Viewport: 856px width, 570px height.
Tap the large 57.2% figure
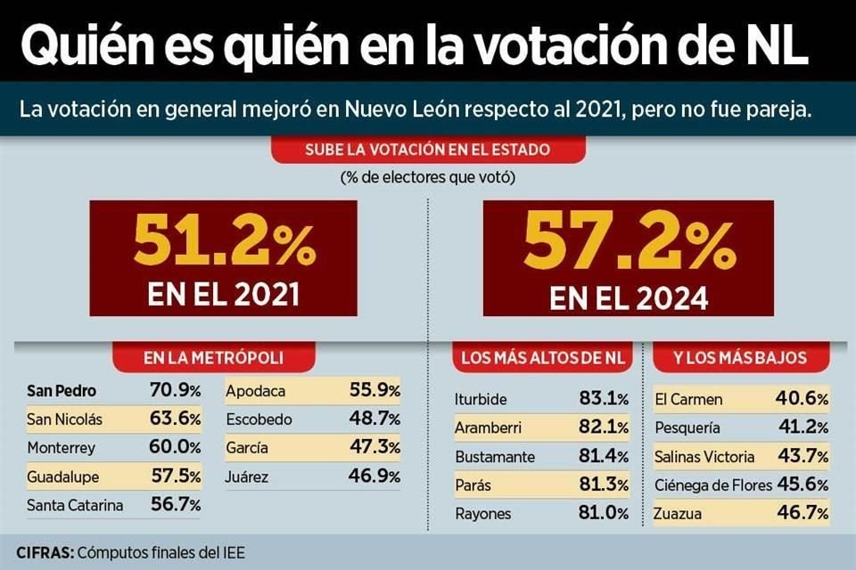pyautogui.click(x=629, y=240)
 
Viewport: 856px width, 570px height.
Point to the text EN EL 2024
pyautogui.click(x=629, y=296)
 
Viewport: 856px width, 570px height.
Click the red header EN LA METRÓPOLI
pyautogui.click(x=213, y=358)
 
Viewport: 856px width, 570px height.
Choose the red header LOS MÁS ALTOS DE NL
pyautogui.click(x=543, y=358)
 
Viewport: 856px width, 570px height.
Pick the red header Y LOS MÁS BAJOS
pyautogui.click(x=740, y=358)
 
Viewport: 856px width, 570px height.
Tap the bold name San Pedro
pyautogui.click(x=62, y=390)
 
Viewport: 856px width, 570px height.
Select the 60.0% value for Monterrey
pyautogui.click(x=176, y=447)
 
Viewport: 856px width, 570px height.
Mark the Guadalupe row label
pyautogui.click(x=64, y=476)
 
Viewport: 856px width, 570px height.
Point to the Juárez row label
pyautogui.click(x=247, y=476)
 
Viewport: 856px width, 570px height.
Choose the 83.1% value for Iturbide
pyautogui.click(x=604, y=399)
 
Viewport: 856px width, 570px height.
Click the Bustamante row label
pyautogui.click(x=495, y=456)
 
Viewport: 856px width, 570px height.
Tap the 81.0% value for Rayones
pyautogui.click(x=604, y=513)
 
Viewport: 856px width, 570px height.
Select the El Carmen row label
pyautogui.click(x=688, y=399)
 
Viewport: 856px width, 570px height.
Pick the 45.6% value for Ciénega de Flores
pyautogui.click(x=803, y=484)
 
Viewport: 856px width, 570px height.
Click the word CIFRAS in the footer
pyautogui.click(x=45, y=552)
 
